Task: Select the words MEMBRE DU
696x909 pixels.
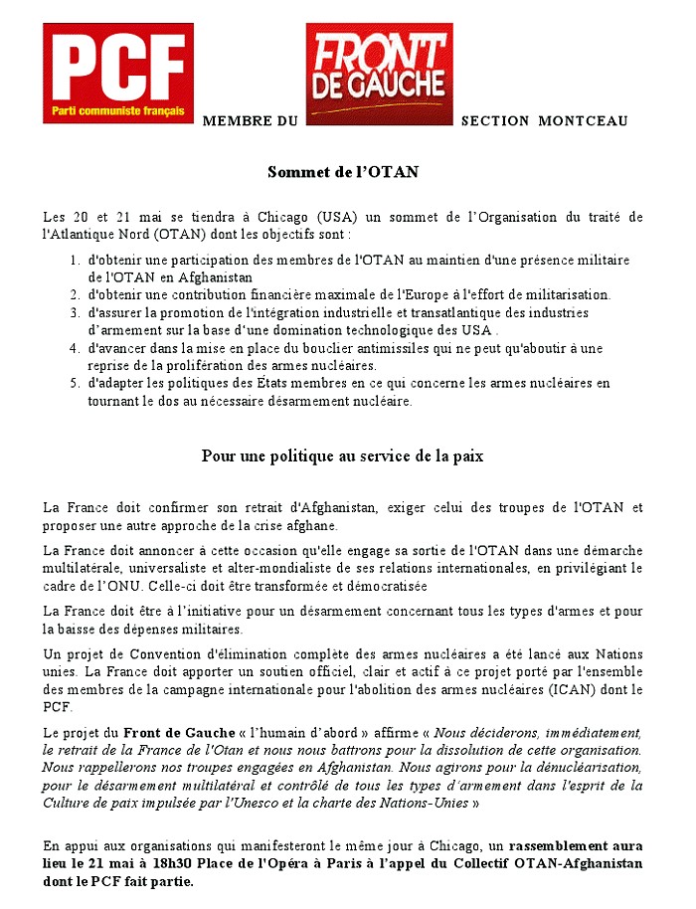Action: click(x=250, y=121)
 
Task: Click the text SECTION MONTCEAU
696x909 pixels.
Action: click(x=545, y=121)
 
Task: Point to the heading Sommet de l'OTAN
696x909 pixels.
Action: click(x=343, y=172)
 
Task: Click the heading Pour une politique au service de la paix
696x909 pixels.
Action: click(x=343, y=456)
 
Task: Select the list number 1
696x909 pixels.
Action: click(x=75, y=261)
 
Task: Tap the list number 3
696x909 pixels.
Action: click(x=75, y=312)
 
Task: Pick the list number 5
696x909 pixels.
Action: click(x=75, y=382)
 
